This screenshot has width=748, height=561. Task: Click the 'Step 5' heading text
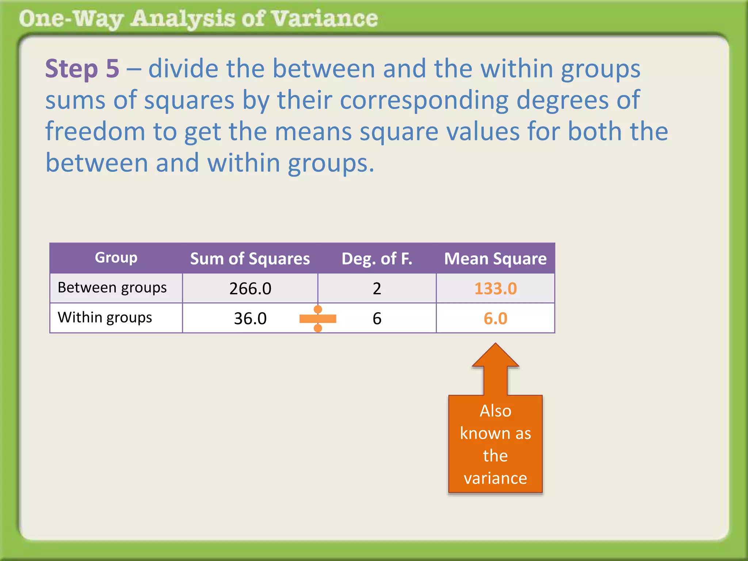[x=82, y=69]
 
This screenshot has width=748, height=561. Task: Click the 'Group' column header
[x=116, y=258]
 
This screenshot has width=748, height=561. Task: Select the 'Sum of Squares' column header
[x=250, y=259]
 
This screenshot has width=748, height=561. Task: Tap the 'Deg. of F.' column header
[x=377, y=259]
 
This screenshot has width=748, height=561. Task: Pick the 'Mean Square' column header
[x=495, y=259]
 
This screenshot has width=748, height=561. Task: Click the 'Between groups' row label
[x=112, y=288]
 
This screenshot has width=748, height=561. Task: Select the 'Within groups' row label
[x=105, y=318]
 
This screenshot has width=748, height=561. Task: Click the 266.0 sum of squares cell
[x=250, y=289]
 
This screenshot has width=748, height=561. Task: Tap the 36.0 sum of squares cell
[x=250, y=318]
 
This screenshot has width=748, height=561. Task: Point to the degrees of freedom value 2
[x=377, y=289]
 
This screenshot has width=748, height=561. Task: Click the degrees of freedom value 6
[x=377, y=318]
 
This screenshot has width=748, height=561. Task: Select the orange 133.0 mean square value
[x=495, y=289]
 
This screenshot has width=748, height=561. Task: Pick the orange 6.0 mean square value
[x=495, y=318]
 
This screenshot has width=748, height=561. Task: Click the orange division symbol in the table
[x=318, y=319]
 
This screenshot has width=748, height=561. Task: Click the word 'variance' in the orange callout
[x=495, y=478]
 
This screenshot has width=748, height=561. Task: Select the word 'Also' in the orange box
[x=495, y=411]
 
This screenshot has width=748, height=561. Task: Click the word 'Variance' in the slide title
[x=325, y=19]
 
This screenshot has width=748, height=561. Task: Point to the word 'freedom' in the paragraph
[x=95, y=131]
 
